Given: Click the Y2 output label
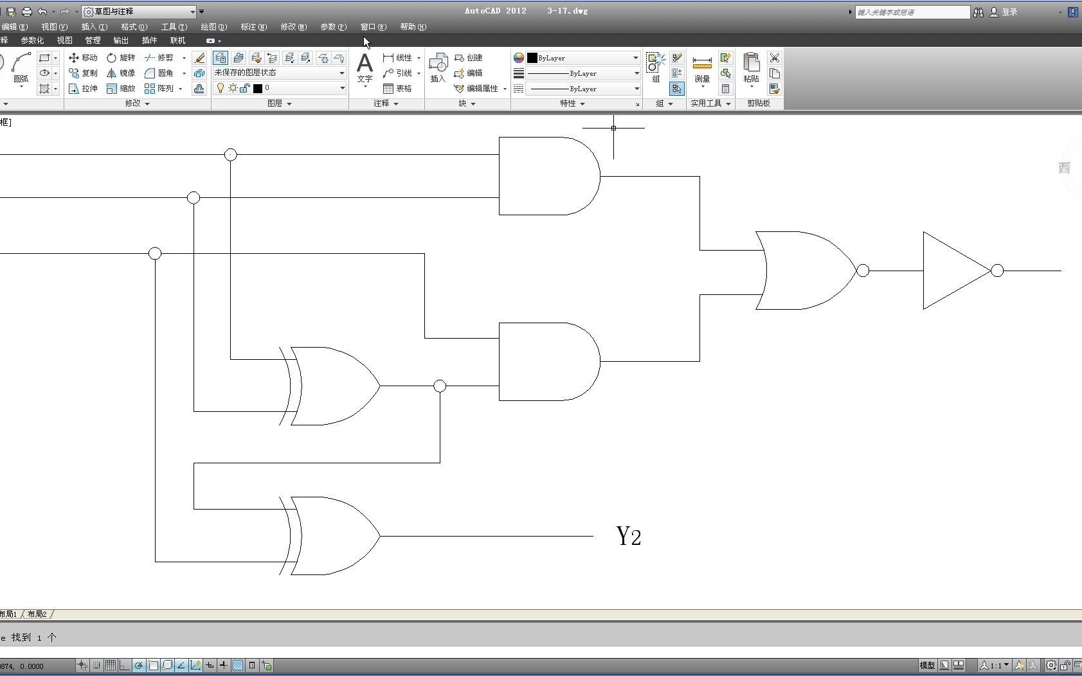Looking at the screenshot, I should (x=629, y=536).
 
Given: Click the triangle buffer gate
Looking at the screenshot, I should (x=955, y=271).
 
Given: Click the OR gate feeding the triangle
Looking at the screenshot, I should (x=807, y=271).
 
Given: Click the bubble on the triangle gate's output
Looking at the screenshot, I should (x=997, y=271).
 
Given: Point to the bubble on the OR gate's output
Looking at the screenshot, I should (x=863, y=271).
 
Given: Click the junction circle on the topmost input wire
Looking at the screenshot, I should (x=231, y=154).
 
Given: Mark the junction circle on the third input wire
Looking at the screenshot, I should (x=155, y=253).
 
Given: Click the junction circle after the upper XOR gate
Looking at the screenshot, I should (x=440, y=386).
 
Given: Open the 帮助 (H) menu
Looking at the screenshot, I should (x=413, y=27).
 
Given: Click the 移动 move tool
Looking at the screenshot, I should (x=84, y=58).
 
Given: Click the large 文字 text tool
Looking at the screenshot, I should (x=365, y=68).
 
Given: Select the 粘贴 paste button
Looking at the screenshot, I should (x=751, y=68).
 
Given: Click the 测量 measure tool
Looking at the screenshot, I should (x=702, y=68).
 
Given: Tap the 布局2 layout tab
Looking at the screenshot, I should (x=37, y=614).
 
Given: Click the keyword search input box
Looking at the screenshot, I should (x=912, y=12).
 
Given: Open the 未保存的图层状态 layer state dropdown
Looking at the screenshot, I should (x=280, y=73).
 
